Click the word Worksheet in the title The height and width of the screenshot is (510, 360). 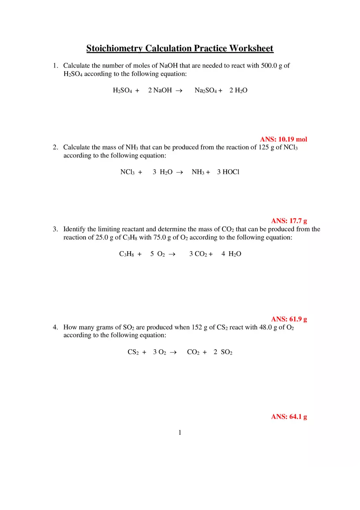pos(251,49)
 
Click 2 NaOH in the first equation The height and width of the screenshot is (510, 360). pos(160,90)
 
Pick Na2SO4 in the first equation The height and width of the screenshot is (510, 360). pos(206,90)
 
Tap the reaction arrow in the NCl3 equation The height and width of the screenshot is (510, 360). pos(179,172)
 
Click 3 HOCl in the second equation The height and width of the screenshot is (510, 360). pos(228,172)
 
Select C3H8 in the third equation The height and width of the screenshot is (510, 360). pos(127,254)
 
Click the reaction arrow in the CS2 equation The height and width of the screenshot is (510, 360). pos(173,352)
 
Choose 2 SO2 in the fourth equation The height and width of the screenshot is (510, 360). pos(223,352)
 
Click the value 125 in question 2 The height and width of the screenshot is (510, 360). pos(263,147)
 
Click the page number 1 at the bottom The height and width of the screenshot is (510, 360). pos(180,432)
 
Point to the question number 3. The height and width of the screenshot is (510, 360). pos(55,229)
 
